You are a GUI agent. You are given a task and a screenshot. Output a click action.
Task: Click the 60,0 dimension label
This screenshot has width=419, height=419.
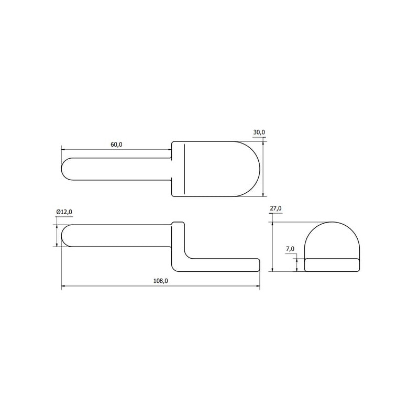point(116,145)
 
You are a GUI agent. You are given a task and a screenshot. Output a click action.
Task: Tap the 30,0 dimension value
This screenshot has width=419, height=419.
point(259,132)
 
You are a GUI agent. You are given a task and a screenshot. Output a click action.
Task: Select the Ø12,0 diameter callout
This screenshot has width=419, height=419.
point(64,212)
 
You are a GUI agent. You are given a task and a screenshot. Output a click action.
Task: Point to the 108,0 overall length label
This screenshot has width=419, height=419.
point(161,281)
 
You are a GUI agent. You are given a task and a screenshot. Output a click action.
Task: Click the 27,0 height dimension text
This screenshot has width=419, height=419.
point(275,208)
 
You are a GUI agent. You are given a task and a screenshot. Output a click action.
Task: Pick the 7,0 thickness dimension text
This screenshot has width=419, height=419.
point(290,249)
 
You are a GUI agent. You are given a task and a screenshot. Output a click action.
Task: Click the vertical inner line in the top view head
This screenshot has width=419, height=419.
point(184,169)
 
